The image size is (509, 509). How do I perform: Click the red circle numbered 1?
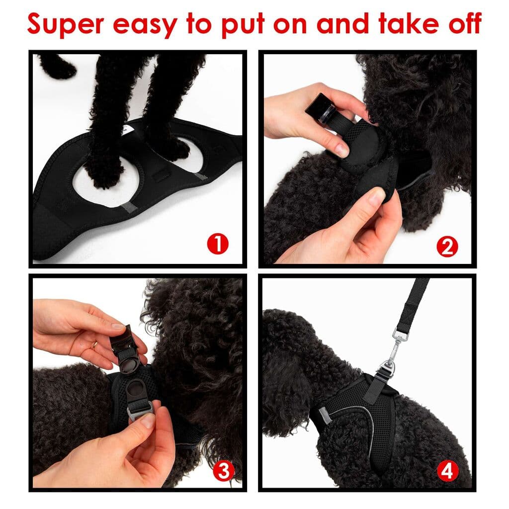[x=217, y=245]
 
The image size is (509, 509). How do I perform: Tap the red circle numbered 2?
[x=447, y=247]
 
